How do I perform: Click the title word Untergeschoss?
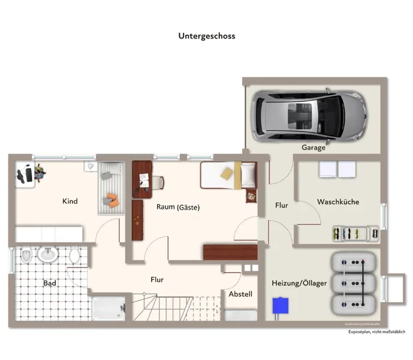(206, 36)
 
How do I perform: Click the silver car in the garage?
(309, 115)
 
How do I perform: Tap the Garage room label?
(313, 148)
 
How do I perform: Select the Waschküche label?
(338, 202)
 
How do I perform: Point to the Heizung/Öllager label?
(299, 283)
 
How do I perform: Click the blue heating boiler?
(279, 306)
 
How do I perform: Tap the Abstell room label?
(240, 295)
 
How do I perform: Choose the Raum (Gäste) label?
(178, 207)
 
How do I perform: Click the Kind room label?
(70, 202)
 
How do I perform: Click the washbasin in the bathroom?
(47, 255)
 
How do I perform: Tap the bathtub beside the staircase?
(108, 308)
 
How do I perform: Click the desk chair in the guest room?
(157, 182)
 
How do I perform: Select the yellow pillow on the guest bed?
(228, 173)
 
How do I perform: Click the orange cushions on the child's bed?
(113, 199)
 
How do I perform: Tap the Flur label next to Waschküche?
(281, 205)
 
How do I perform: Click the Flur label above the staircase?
(157, 280)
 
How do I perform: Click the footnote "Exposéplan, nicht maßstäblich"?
(377, 332)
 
